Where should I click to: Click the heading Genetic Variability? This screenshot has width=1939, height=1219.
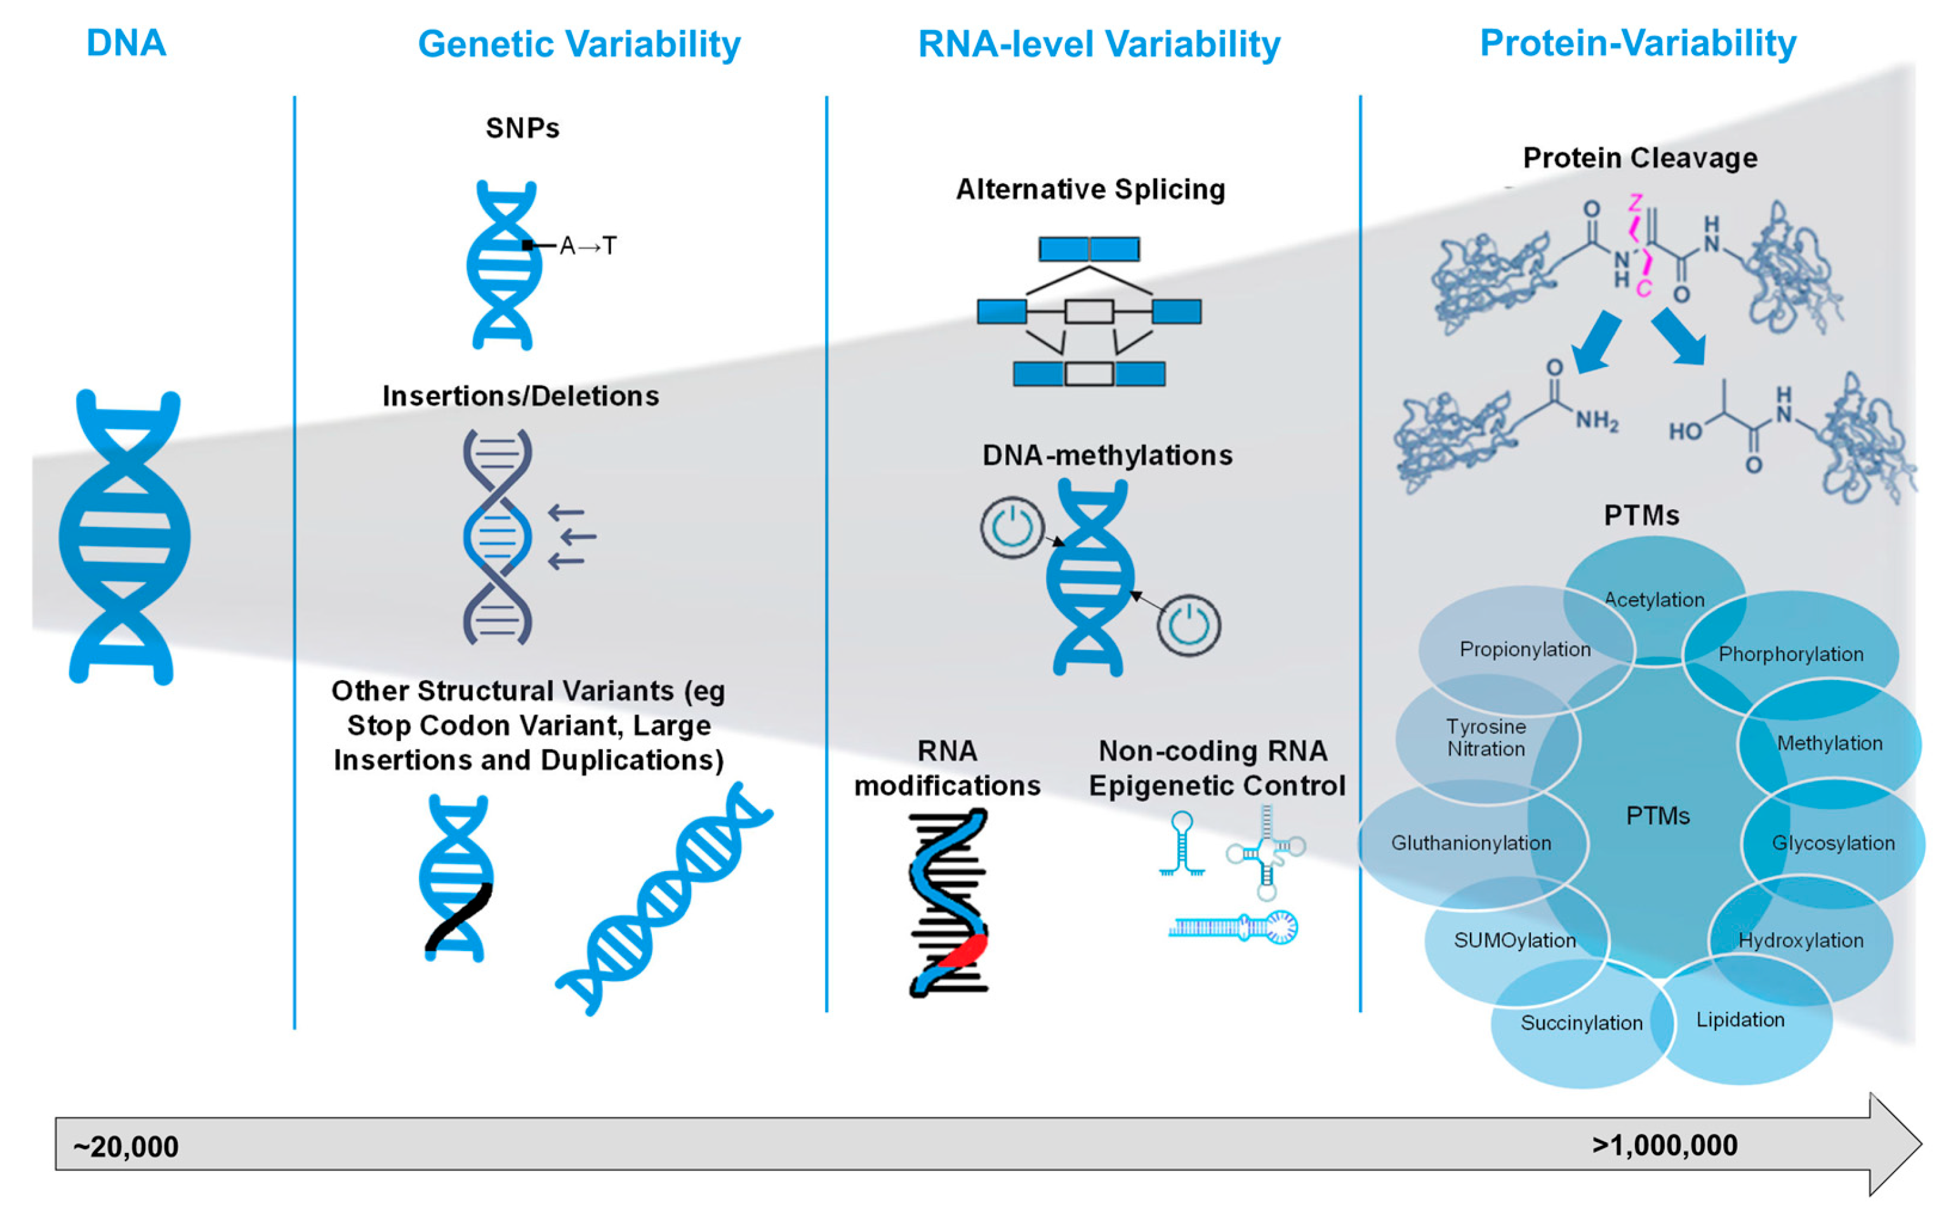pyautogui.click(x=578, y=44)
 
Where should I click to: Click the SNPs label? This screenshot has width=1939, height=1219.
pyautogui.click(x=522, y=128)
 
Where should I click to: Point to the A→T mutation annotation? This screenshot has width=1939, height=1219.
pyautogui.click(x=587, y=245)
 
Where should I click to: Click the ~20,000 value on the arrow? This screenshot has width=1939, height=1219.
pyautogui.click(x=126, y=1146)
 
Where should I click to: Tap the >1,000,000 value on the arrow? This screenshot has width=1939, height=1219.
pyautogui.click(x=1664, y=1144)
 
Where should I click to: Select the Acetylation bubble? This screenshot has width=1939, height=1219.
pyautogui.click(x=1654, y=599)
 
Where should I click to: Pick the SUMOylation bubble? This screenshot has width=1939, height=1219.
pyautogui.click(x=1514, y=940)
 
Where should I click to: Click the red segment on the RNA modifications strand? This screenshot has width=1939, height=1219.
pyautogui.click(x=963, y=950)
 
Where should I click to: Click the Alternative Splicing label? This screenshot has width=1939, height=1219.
pyautogui.click(x=1090, y=189)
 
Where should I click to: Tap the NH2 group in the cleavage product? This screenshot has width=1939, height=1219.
pyautogui.click(x=1596, y=420)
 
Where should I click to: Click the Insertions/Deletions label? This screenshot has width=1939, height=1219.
pyautogui.click(x=520, y=396)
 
